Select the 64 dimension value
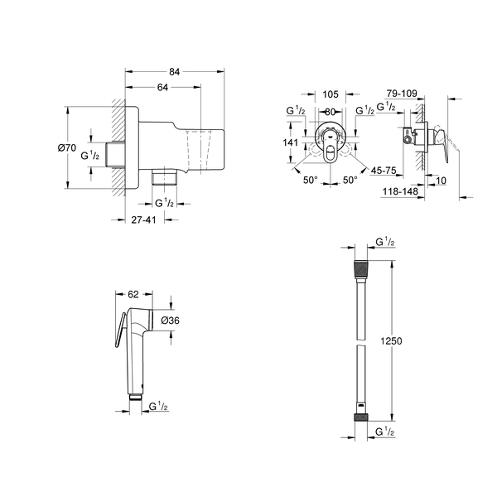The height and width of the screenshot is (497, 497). [164, 88]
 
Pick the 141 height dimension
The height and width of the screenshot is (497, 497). [290, 142]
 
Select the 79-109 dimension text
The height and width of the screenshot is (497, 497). [402, 94]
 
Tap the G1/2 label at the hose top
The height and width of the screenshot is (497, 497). [385, 242]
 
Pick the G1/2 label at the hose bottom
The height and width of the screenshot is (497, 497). [385, 431]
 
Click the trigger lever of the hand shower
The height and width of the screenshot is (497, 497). [118, 331]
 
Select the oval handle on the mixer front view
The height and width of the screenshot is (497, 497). [331, 150]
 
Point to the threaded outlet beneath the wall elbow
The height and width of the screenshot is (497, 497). [166, 177]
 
